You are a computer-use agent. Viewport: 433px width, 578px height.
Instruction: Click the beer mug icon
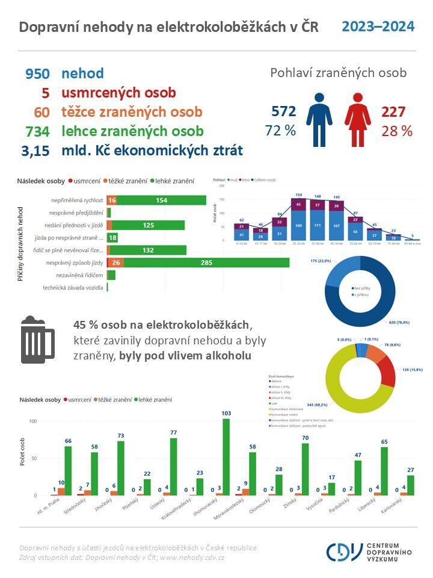click(x=37, y=341)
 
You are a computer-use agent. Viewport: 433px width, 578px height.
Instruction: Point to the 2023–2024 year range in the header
click(x=378, y=27)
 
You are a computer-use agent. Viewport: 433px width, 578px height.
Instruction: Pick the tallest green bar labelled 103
click(x=226, y=457)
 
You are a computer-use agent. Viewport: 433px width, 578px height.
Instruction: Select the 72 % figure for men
click(x=280, y=131)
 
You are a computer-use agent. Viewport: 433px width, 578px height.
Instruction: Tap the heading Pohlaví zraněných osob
click(x=338, y=73)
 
